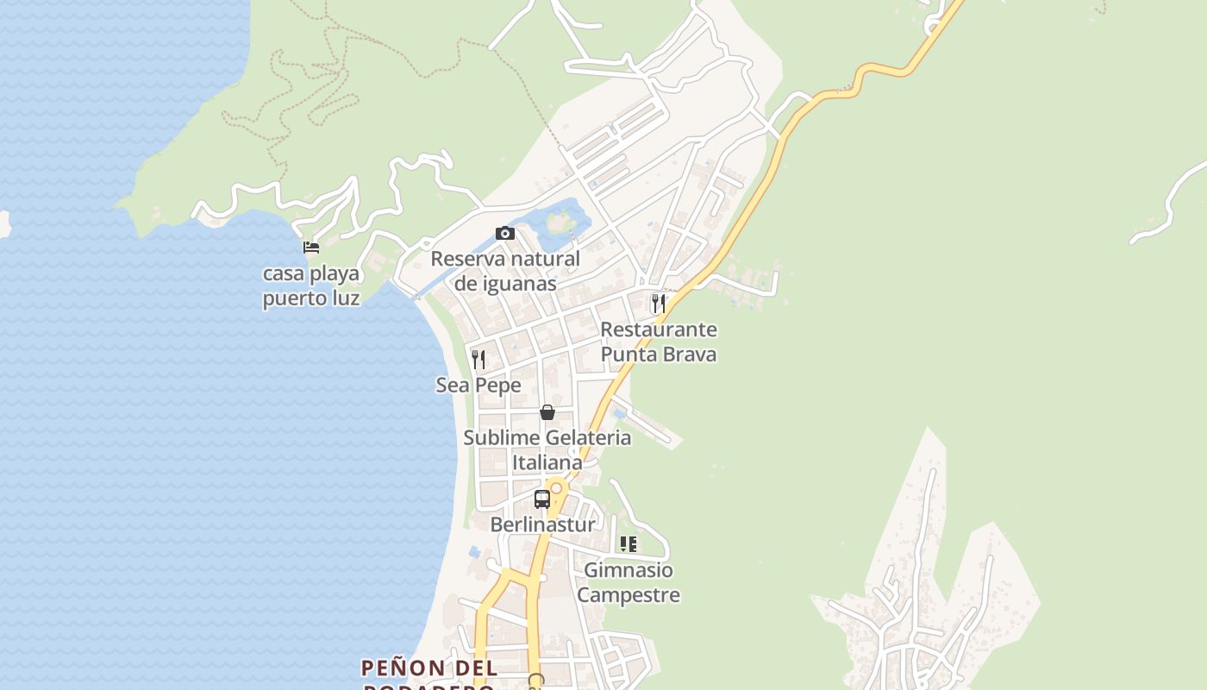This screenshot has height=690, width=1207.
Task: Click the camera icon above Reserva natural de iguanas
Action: coord(505,233)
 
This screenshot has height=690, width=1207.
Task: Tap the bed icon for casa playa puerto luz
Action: coord(311,248)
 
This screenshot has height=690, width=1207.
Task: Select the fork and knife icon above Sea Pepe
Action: coord(478,359)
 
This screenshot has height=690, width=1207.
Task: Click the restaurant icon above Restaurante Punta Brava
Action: coord(659,303)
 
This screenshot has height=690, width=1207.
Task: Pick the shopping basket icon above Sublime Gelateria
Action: coord(547,412)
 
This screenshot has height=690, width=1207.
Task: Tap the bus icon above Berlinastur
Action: coord(542,499)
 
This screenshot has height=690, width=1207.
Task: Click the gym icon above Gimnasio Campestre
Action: coord(629,544)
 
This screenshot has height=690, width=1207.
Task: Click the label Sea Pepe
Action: coord(478,385)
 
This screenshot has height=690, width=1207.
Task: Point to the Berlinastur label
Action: coord(542,524)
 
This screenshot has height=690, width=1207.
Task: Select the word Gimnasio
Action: coord(629,570)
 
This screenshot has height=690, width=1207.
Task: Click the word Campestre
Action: coord(629,595)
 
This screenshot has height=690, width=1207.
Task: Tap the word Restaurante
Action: coord(659,329)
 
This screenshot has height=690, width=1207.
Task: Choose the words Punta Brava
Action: coord(659,354)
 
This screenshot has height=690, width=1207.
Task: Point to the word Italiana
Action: coord(547,462)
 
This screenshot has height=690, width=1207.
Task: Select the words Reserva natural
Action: coord(505,259)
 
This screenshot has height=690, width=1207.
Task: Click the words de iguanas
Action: coord(505,284)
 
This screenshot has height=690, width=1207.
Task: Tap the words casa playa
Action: coord(311,274)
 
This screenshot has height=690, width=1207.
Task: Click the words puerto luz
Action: coord(311,299)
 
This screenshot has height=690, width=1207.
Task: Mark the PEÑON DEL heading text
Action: coord(429,668)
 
